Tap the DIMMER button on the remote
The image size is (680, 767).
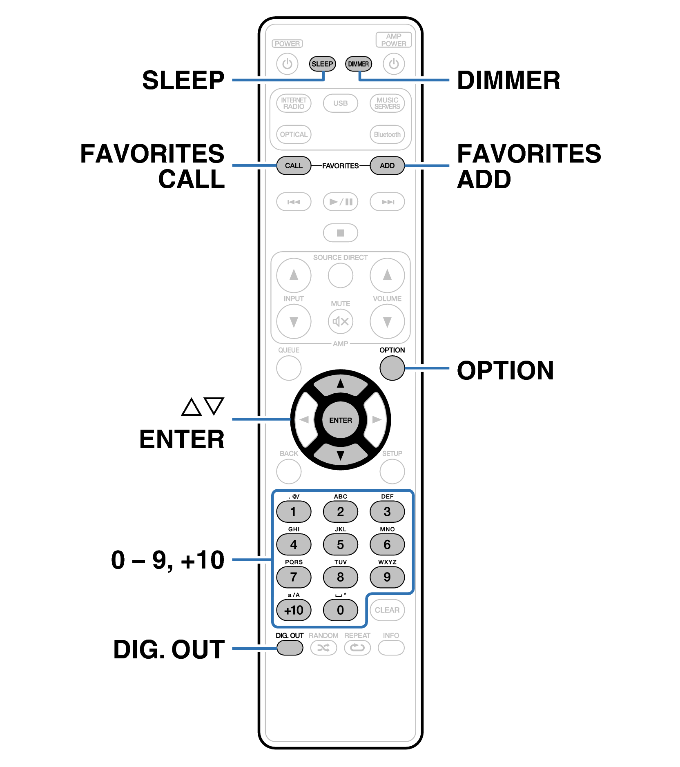[x=358, y=64]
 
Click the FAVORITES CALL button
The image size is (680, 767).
[x=294, y=165]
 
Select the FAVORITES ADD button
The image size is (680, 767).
[x=387, y=165]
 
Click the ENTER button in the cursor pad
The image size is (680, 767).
[x=340, y=420]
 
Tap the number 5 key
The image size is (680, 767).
[x=340, y=544]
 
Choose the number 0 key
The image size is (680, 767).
[x=340, y=610]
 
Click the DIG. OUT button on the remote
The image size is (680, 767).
[x=290, y=647]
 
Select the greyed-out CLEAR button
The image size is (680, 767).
[x=387, y=610]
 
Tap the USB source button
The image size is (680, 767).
[x=340, y=103]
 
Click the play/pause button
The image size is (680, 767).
[x=340, y=202]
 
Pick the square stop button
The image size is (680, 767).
[x=340, y=233]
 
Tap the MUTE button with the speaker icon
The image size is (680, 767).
[x=340, y=321]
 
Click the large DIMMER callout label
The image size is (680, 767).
[x=508, y=80]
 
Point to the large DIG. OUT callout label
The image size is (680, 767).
[x=169, y=649]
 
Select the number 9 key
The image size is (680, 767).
[x=387, y=577]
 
